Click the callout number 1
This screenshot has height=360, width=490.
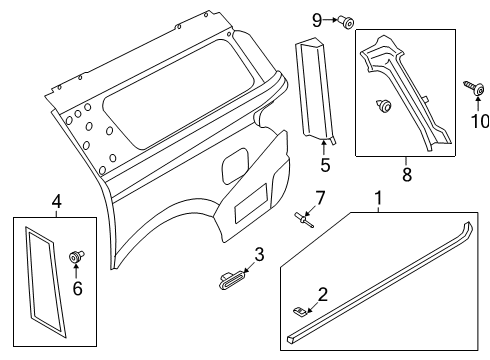[377, 199]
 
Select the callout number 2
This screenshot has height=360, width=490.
[322, 293]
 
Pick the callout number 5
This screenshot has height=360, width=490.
[325, 165]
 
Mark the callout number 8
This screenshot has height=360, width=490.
[406, 173]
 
